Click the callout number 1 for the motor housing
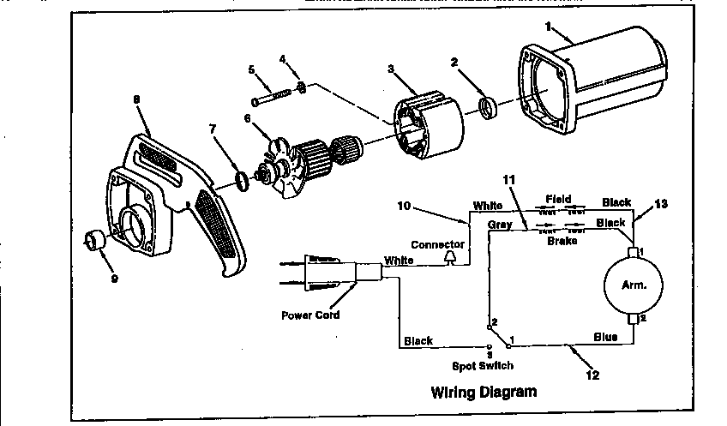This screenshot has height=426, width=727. (546, 27)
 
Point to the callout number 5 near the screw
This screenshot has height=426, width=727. (251, 69)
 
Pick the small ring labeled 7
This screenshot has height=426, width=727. (243, 180)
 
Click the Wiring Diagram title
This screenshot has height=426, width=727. (484, 393)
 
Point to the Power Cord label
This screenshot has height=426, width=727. (310, 315)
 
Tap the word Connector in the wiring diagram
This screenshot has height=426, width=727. (437, 244)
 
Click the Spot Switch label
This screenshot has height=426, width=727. (484, 366)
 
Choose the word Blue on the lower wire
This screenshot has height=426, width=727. (605, 337)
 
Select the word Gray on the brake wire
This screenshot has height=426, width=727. (500, 224)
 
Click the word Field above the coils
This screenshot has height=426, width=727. (558, 200)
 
